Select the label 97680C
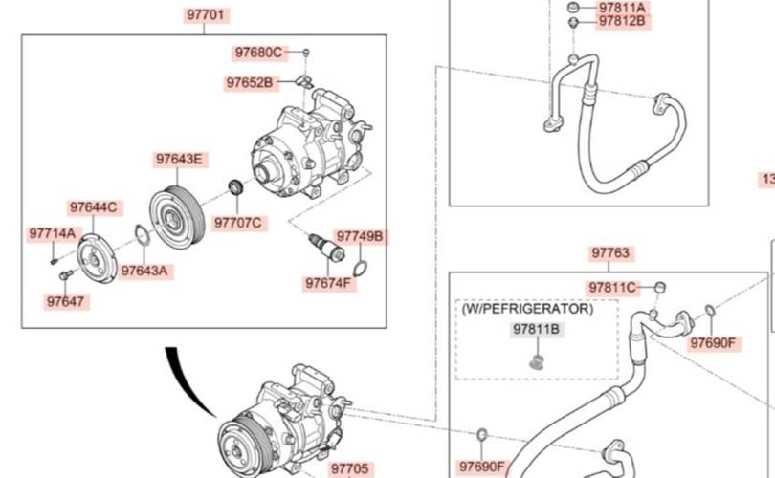[x=258, y=52]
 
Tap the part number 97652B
[x=250, y=82]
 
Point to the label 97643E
[x=179, y=159]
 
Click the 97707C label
[x=237, y=223]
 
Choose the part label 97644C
[x=93, y=206]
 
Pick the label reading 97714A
[x=52, y=232]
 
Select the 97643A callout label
[x=144, y=271]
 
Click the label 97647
[x=65, y=301]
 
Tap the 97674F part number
[x=329, y=283]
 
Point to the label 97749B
[x=359, y=235]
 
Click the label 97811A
[x=623, y=6]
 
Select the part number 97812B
[x=623, y=20]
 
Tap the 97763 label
[x=610, y=253]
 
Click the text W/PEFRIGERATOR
[x=527, y=309]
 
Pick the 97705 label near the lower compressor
[x=349, y=468]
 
